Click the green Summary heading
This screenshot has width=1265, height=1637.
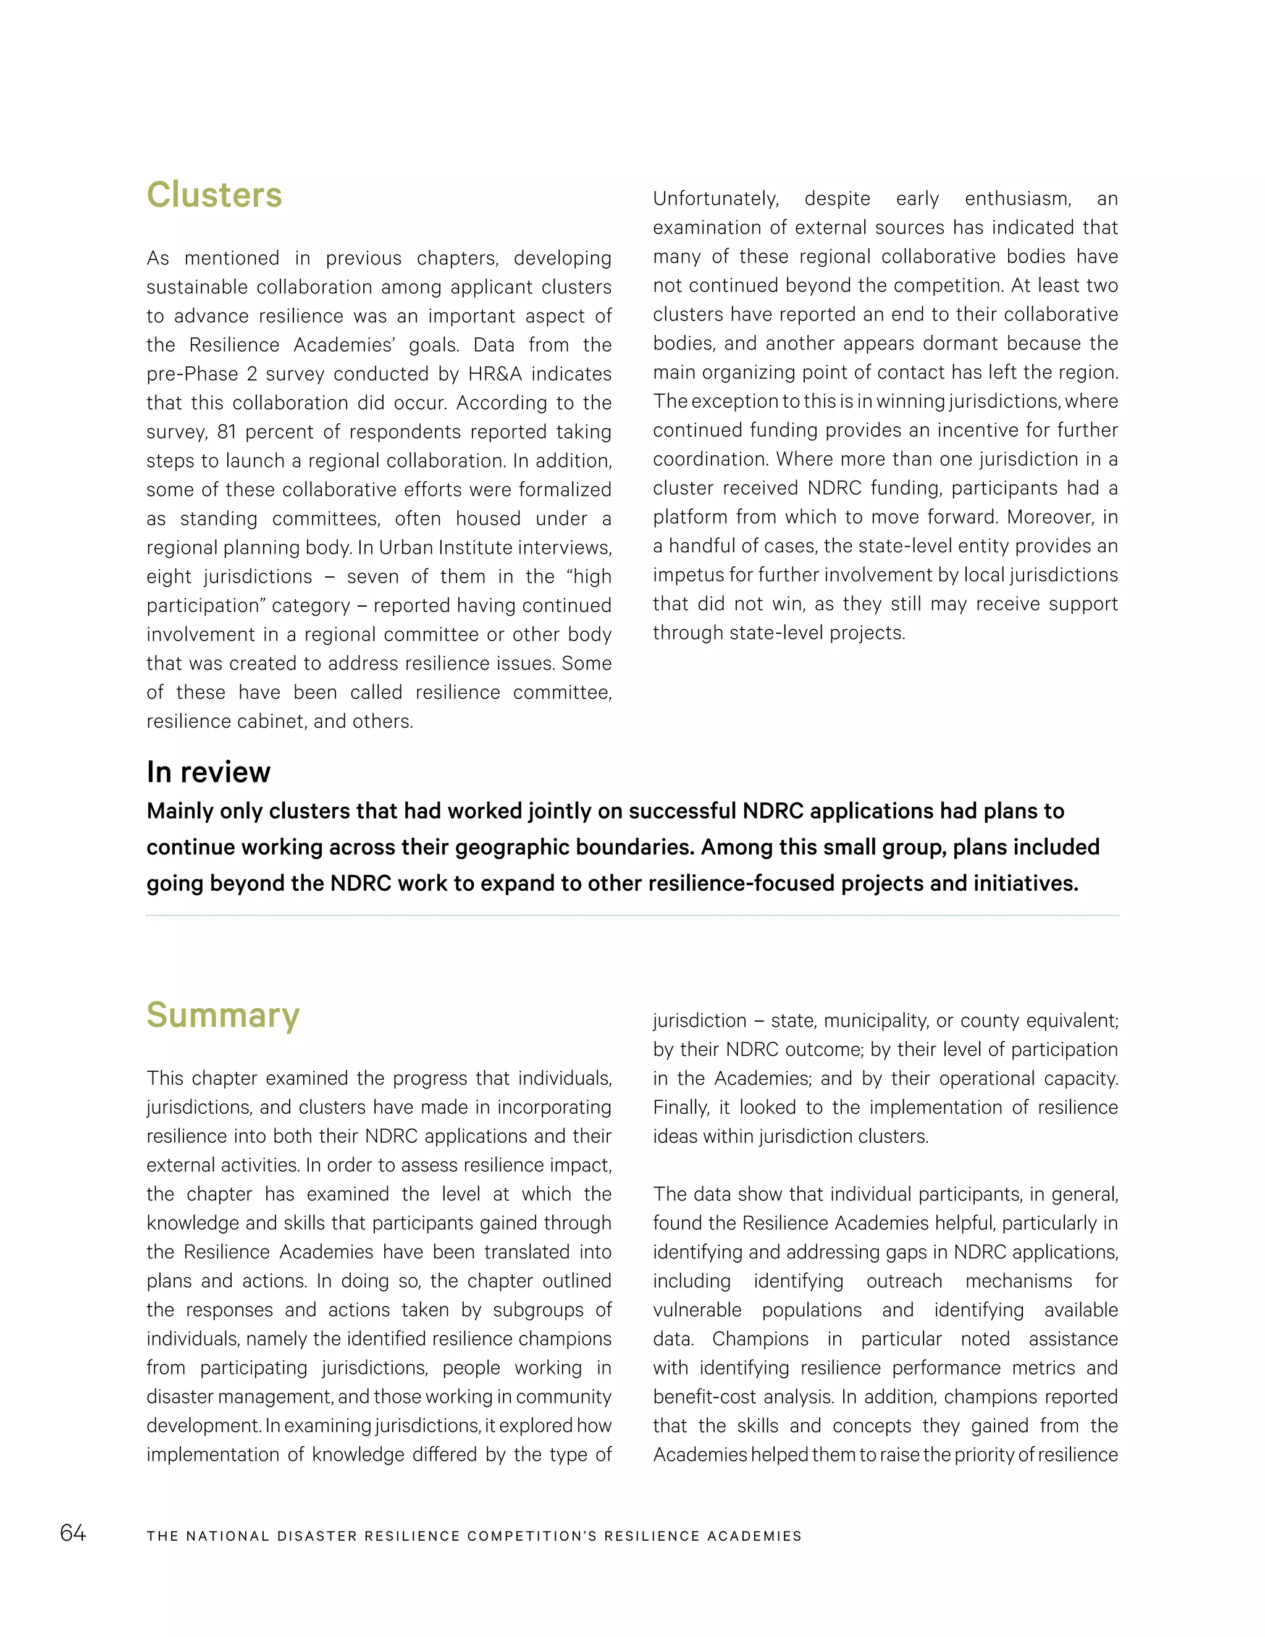pyautogui.click(x=224, y=1015)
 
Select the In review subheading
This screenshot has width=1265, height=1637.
pyautogui.click(x=208, y=772)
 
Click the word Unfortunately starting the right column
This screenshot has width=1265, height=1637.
pyautogui.click(x=716, y=199)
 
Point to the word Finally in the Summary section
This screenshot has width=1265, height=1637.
pyautogui.click(x=681, y=1108)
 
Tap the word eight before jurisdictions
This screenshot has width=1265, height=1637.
pyautogui.click(x=169, y=577)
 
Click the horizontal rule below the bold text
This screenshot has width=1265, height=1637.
pyautogui.click(x=632, y=915)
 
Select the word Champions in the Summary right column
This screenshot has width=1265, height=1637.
pyautogui.click(x=760, y=1339)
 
